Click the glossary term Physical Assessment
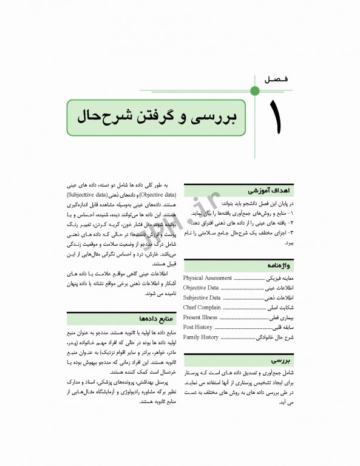tap(207, 279)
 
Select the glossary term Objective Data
tap(201, 288)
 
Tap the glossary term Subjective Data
tap(202, 298)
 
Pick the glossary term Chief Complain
tap(202, 308)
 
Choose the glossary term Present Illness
tap(200, 317)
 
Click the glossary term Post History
tap(198, 327)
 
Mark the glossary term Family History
tap(201, 337)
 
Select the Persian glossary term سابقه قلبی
tap(284, 327)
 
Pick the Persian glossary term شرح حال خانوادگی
tap(274, 337)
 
